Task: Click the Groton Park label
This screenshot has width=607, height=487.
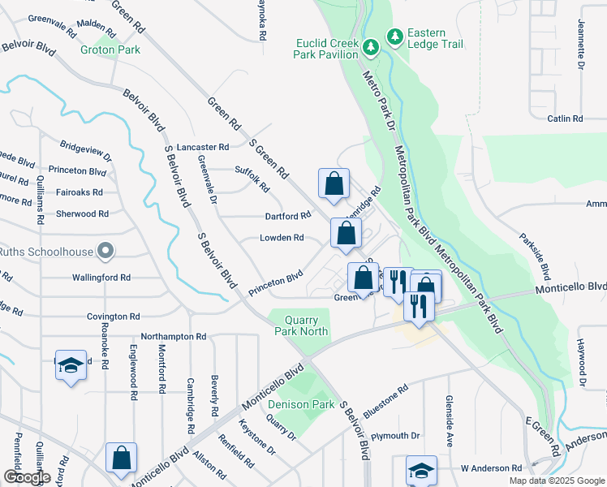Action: click(x=110, y=50)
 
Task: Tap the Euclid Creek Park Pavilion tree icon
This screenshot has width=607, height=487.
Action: click(x=371, y=47)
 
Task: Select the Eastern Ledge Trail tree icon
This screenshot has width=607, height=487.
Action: click(x=395, y=37)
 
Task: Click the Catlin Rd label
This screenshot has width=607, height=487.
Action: click(x=566, y=119)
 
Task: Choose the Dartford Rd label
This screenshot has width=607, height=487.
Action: click(x=288, y=216)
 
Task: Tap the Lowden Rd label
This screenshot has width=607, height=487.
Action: click(x=282, y=238)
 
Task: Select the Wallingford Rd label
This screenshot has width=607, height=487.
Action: click(x=101, y=278)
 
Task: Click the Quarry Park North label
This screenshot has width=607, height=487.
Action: click(x=302, y=325)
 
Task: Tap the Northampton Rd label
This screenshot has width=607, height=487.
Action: click(x=174, y=335)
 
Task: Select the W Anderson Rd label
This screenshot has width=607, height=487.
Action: click(x=491, y=468)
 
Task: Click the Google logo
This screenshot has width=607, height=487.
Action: click(x=27, y=477)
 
